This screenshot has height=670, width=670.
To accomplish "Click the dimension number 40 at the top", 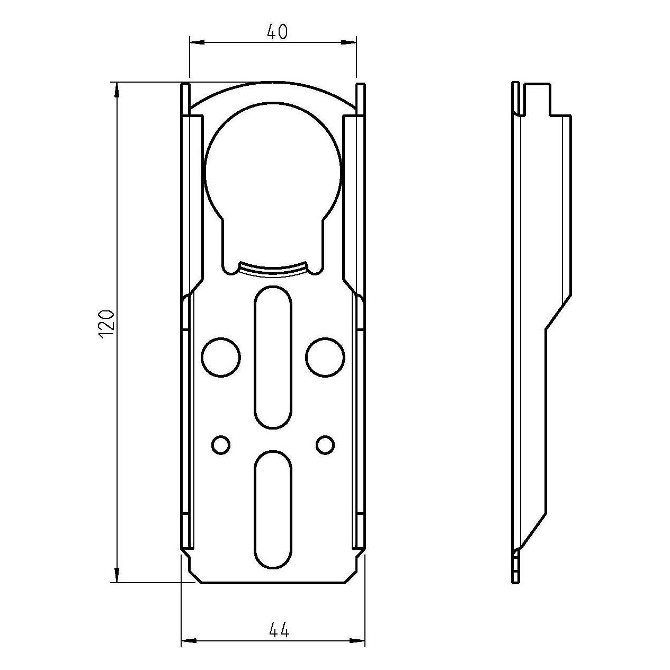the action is point(278,32).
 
